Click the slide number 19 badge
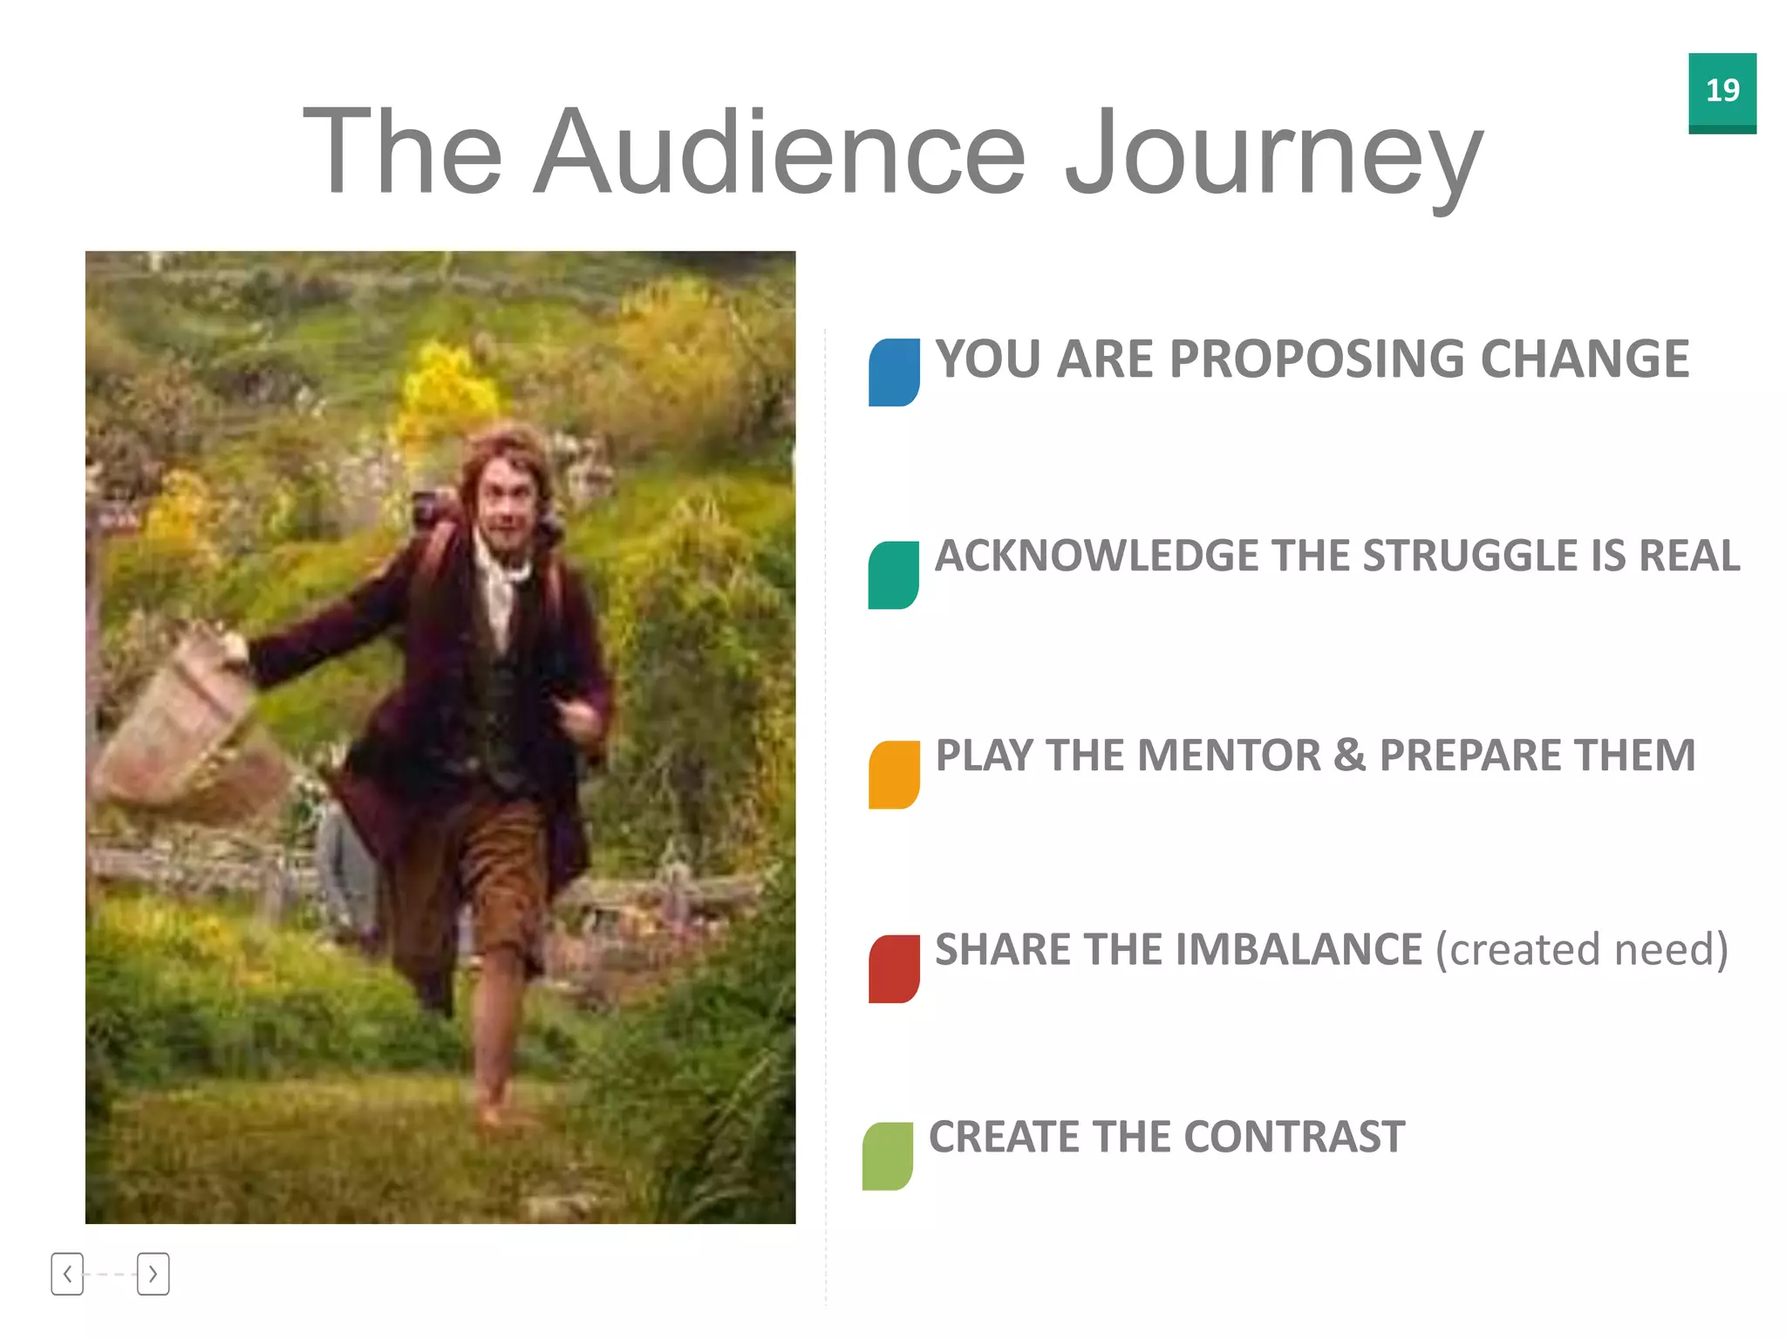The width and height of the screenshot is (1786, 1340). point(1721,92)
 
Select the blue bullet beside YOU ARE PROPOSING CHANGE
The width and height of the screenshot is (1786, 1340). point(894,372)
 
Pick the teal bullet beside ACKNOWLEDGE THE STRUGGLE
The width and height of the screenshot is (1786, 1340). point(893,575)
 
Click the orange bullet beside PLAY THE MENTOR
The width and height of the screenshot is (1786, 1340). point(894,775)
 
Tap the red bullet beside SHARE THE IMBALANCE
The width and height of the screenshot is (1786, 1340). point(894,968)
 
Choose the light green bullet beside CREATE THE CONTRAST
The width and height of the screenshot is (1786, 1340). point(888,1156)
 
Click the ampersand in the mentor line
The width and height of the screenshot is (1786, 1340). point(1349,755)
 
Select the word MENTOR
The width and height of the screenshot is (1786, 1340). point(1228,755)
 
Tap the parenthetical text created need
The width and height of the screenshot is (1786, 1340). point(1581,949)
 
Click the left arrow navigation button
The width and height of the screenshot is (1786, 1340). point(67,1274)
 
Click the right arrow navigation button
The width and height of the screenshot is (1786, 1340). point(153,1274)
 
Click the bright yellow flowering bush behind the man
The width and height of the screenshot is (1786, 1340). point(445,393)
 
